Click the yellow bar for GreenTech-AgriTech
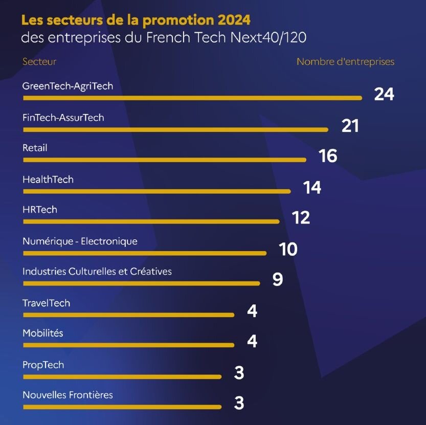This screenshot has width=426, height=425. [192, 98]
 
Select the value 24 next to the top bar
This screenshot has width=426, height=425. [384, 94]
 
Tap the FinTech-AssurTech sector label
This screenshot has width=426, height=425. [63, 118]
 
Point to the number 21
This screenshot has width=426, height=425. [350, 126]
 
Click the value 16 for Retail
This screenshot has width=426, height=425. [328, 156]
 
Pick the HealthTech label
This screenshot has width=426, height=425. [48, 180]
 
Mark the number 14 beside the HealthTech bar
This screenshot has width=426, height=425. [312, 188]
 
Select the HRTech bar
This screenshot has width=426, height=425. [151, 222]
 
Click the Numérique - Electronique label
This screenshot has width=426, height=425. [80, 241]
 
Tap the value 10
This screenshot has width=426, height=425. [288, 250]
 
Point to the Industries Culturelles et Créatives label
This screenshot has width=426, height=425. [97, 272]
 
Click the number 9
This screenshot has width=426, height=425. [278, 280]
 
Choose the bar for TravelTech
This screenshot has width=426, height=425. [128, 315]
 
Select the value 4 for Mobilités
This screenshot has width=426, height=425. [252, 341]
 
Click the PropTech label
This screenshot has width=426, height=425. [43, 365]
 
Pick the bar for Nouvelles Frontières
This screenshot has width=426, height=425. [122, 407]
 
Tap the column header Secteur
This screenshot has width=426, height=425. [39, 62]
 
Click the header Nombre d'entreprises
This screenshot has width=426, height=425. [345, 62]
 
